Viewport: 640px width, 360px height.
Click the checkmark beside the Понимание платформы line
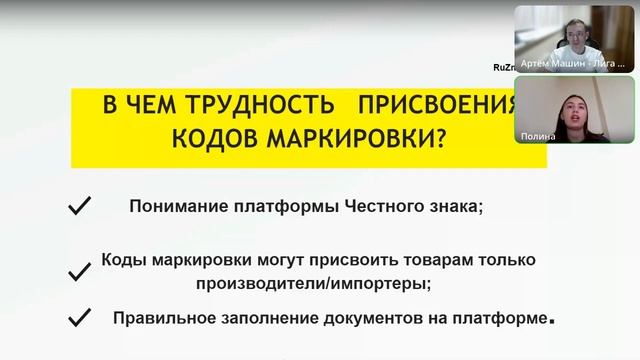(x=78, y=206)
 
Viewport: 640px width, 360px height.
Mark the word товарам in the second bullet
(x=427, y=260)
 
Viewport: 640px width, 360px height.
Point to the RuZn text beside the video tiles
(x=502, y=67)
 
